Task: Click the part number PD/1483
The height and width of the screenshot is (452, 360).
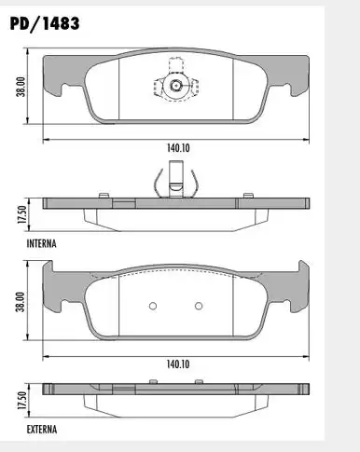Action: [x=45, y=23]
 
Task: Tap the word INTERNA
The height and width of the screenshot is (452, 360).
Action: [x=42, y=243]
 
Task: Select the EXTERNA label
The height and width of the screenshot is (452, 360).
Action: [x=42, y=430]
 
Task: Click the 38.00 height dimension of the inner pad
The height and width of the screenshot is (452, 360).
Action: [x=21, y=87]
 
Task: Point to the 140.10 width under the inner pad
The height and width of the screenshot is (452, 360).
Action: [x=178, y=148]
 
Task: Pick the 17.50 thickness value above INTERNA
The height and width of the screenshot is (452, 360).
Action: [x=21, y=214]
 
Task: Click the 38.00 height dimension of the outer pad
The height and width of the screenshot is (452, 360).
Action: [x=21, y=302]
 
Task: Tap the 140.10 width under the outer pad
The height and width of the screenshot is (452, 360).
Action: [x=178, y=364]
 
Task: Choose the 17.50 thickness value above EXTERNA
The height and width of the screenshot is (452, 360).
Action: [x=21, y=400]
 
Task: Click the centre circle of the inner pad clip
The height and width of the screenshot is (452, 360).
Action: [x=176, y=85]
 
